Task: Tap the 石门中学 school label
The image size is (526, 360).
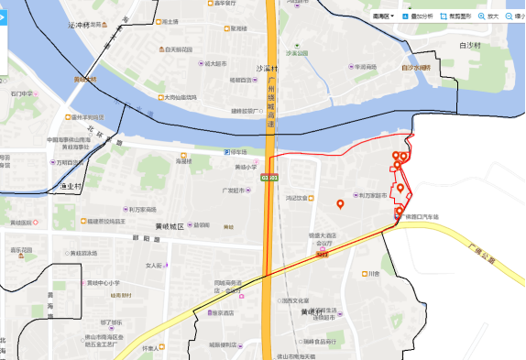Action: [x=22, y=93]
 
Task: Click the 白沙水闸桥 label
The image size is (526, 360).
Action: [x=416, y=68]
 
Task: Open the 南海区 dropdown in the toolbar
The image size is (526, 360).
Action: [x=386, y=16]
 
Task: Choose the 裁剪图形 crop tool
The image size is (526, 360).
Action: [x=456, y=16]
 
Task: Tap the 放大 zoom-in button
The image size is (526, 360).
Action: [x=488, y=16]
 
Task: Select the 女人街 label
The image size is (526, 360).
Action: [x=154, y=266]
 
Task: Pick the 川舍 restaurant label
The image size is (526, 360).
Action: [x=373, y=273]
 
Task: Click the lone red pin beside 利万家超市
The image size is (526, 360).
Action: [x=340, y=203]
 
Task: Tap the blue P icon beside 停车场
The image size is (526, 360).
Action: [x=227, y=152]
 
